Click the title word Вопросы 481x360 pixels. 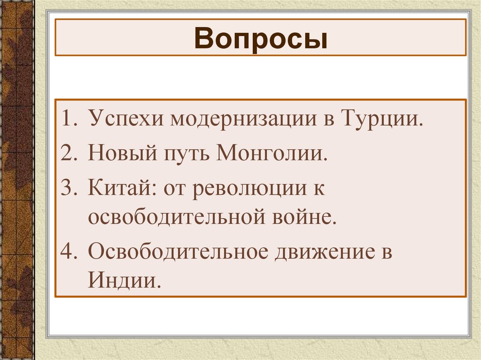click(x=260, y=39)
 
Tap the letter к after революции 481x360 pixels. click(x=320, y=188)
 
